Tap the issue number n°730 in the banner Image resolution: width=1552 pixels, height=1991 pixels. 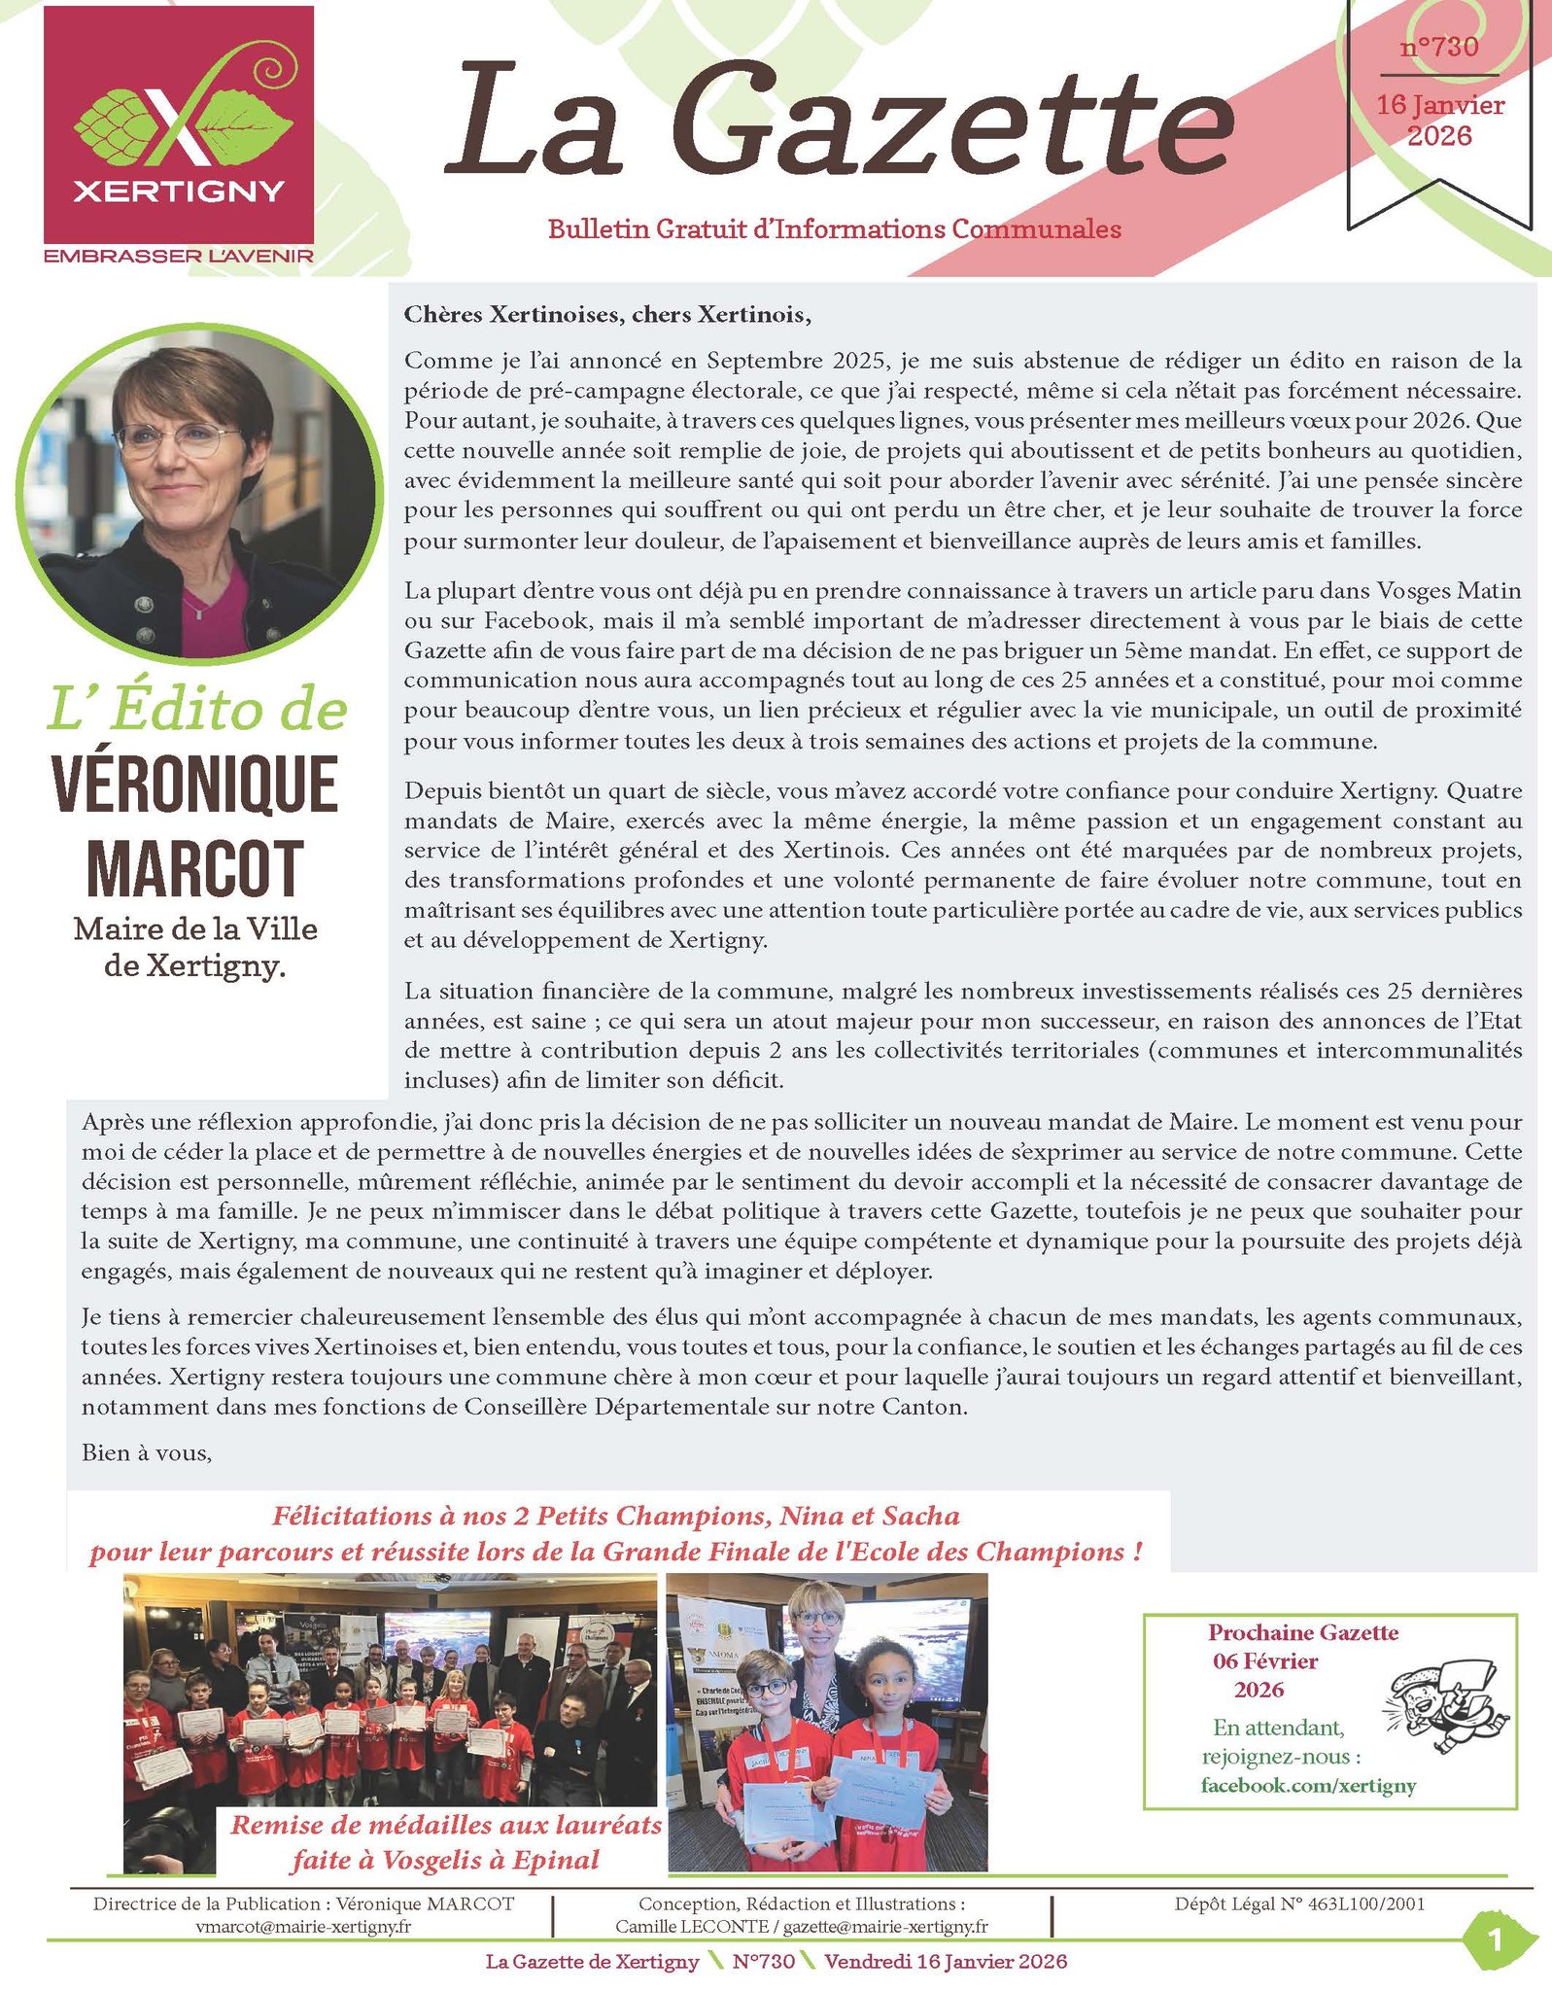[x=1439, y=47]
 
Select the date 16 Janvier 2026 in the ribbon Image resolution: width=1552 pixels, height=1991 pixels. [x=1439, y=120]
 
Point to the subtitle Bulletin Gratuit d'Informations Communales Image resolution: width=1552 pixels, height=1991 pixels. [x=834, y=229]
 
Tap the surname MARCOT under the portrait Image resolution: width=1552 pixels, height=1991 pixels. [x=195, y=867]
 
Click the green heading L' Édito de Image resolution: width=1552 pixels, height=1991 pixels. [x=197, y=710]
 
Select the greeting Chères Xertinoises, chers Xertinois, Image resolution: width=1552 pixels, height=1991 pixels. [x=607, y=314]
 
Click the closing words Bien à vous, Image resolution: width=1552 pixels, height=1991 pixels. [x=147, y=1452]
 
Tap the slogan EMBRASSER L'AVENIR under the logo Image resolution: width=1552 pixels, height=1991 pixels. [x=179, y=256]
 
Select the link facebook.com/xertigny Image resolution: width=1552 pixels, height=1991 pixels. [x=1308, y=1785]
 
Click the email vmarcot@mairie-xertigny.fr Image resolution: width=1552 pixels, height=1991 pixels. [x=303, y=1926]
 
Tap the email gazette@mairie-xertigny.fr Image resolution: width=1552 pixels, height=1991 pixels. [x=885, y=1926]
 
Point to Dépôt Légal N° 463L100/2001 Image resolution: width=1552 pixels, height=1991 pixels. [x=1299, y=1904]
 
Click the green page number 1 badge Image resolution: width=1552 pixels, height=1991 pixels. [x=1494, y=1940]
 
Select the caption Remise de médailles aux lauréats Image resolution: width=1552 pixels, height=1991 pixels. [x=446, y=1825]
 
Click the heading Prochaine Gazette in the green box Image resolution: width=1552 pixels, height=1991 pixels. [x=1303, y=1633]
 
